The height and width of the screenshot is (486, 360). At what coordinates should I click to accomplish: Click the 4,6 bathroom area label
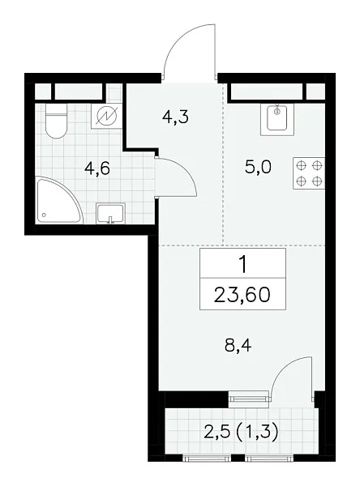point(98,169)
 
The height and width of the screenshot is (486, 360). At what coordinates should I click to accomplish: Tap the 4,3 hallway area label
point(176,117)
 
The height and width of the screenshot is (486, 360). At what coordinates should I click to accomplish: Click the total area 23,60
point(242,292)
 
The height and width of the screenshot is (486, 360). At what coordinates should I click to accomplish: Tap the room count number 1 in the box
point(242,264)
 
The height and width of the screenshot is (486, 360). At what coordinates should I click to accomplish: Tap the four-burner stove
point(310,173)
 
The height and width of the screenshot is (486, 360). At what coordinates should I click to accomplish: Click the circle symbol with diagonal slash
point(106,119)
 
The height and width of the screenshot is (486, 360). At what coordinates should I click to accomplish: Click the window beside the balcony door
point(248,397)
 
